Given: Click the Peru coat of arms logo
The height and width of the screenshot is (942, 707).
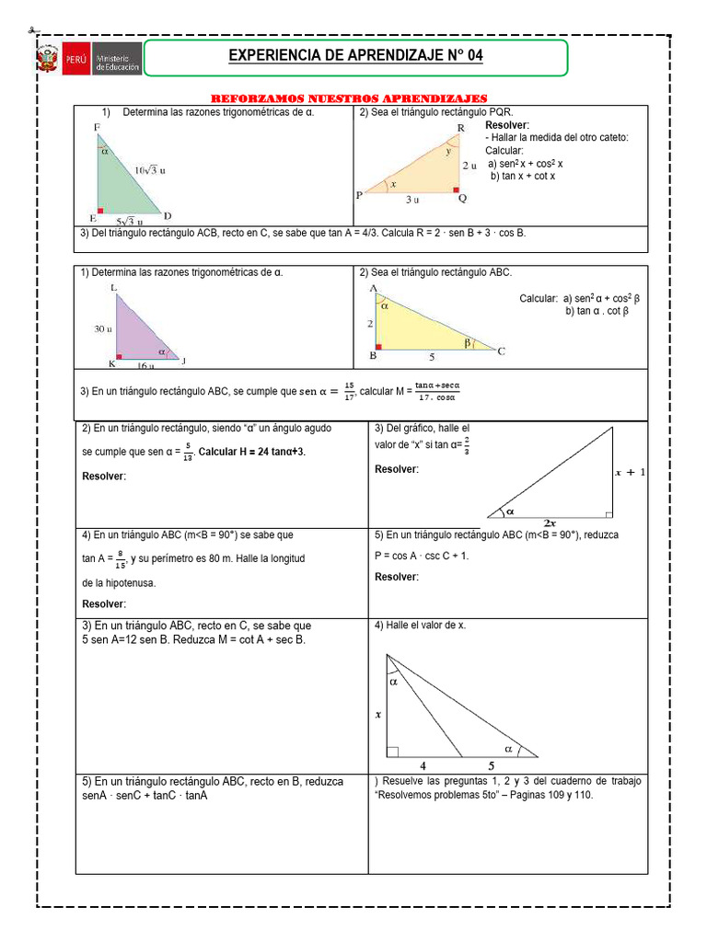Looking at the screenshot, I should point(47,60).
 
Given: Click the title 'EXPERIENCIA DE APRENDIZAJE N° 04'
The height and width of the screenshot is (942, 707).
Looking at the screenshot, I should point(355,57).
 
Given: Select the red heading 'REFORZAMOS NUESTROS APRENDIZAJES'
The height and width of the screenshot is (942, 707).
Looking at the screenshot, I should point(349,98).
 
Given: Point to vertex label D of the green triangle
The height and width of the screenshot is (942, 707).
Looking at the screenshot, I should point(168,216).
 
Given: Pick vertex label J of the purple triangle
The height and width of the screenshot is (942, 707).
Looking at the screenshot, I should point(182,361).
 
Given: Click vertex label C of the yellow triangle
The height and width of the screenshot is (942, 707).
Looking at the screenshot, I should point(502,350).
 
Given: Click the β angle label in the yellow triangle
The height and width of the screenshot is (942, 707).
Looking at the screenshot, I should point(467,343).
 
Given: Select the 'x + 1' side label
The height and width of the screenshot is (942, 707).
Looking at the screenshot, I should point(631,472).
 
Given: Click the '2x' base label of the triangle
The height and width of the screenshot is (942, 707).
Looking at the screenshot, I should point(550,523).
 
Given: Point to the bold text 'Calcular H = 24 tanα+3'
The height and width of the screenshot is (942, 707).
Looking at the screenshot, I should point(251,453).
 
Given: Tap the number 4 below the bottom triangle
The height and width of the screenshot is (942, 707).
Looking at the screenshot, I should point(423,764).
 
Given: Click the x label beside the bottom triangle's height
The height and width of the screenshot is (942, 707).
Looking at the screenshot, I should point(377,713).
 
